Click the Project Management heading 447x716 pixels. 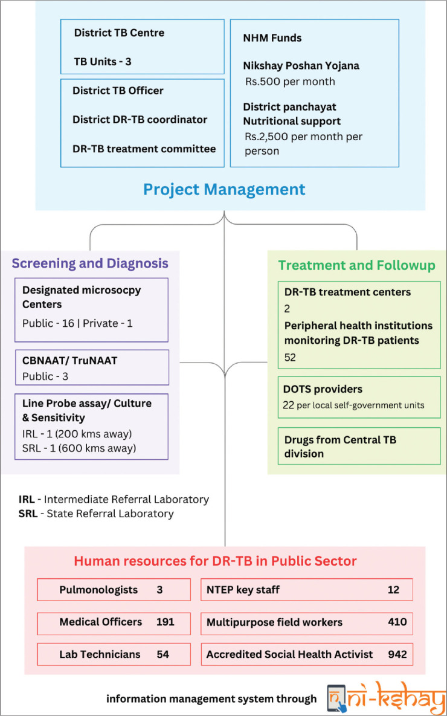point(224,189)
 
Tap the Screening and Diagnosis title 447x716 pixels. point(90,263)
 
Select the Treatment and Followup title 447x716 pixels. point(356,265)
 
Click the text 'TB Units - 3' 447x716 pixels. point(103,62)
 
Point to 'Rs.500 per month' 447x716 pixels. point(290,82)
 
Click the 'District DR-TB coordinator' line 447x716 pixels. point(140,120)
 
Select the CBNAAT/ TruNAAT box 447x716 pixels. point(92,367)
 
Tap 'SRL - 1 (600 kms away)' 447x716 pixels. point(79,448)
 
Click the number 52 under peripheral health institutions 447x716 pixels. point(290,358)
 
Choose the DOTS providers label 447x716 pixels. point(323,389)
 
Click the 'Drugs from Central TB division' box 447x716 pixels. point(359,446)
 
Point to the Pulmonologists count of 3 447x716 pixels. point(159,590)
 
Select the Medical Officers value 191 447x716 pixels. point(166,622)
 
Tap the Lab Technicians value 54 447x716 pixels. point(163,654)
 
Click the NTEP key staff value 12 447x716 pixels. point(393,590)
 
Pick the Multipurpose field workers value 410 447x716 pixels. point(397,622)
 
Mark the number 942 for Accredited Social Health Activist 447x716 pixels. point(397,654)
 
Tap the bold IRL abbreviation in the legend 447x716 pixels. point(27,500)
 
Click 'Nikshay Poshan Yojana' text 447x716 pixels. point(301,66)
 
